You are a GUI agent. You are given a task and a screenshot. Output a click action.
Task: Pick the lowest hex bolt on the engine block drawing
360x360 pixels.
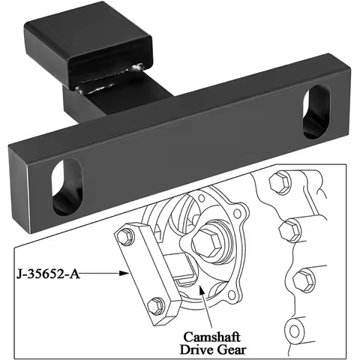(304, 280)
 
